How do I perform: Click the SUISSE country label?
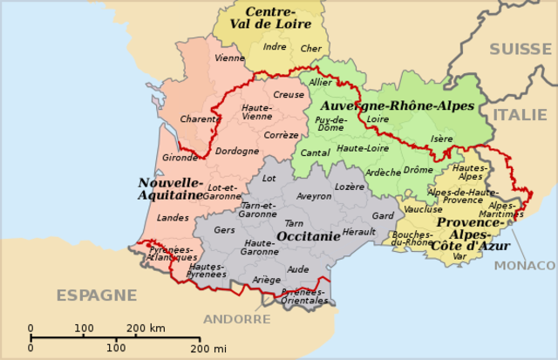pyautogui.click(x=521, y=49)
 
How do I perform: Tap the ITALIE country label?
pyautogui.click(x=521, y=114)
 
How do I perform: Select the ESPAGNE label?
pyautogui.click(x=97, y=295)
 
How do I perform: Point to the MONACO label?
pyautogui.click(x=525, y=265)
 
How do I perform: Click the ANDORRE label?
pyautogui.click(x=238, y=319)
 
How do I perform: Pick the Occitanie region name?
pyautogui.click(x=308, y=236)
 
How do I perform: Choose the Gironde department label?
pyautogui.click(x=180, y=158)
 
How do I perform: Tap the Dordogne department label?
pyautogui.click(x=237, y=151)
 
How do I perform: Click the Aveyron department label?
pyautogui.click(x=314, y=197)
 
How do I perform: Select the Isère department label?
pyautogui.click(x=442, y=139)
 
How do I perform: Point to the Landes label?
pyautogui.click(x=174, y=218)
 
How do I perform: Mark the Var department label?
pyautogui.click(x=459, y=255)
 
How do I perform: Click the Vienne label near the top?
pyautogui.click(x=229, y=58)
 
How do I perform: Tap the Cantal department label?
pyautogui.click(x=316, y=153)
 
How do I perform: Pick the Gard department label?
pyautogui.click(x=383, y=215)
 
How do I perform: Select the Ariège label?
pyautogui.click(x=267, y=280)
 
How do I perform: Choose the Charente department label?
pyautogui.click(x=200, y=119)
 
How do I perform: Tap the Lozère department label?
pyautogui.click(x=350, y=187)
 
